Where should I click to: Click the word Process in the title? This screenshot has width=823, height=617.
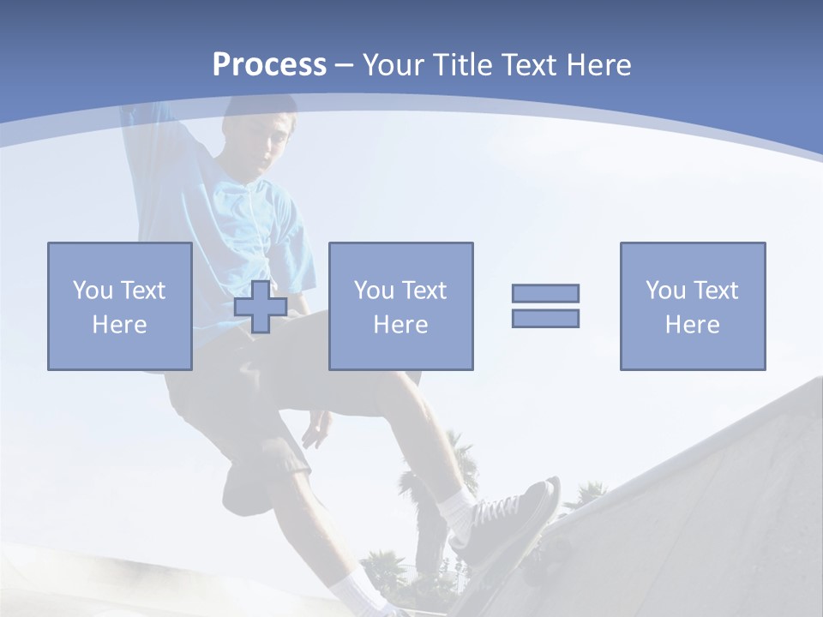(269, 65)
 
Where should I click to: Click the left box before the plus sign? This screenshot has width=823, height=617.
(119, 306)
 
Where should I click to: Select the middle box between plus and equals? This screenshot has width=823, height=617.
(400, 306)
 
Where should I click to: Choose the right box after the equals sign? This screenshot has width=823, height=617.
(692, 306)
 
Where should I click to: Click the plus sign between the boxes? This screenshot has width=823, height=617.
(261, 307)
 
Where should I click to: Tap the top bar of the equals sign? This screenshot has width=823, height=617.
(545, 293)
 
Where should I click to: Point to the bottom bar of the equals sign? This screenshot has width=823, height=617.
(545, 318)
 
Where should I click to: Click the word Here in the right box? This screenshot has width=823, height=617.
(692, 325)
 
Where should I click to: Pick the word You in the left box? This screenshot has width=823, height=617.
(92, 291)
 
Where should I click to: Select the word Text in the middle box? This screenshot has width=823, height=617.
(424, 291)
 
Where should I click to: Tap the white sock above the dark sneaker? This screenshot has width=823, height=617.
(458, 509)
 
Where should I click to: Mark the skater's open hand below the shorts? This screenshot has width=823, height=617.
(315, 428)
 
